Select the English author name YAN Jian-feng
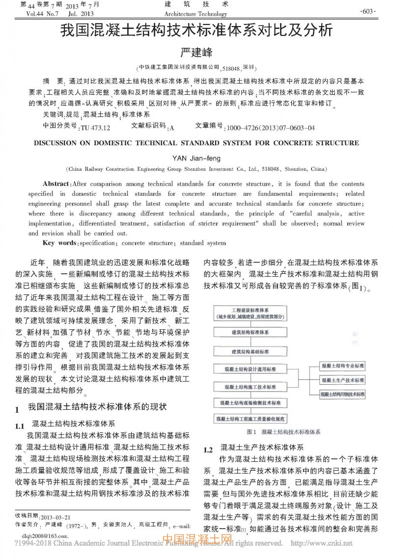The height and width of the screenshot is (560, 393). (196, 158)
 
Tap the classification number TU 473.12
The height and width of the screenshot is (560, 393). (95, 128)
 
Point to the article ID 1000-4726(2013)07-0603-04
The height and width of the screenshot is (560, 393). (270, 128)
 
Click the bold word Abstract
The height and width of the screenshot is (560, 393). (56, 184)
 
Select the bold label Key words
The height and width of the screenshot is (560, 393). (59, 243)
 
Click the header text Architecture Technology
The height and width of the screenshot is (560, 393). (196, 14)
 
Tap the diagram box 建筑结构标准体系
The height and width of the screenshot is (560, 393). (250, 333)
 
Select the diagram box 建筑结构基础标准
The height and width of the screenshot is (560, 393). (250, 351)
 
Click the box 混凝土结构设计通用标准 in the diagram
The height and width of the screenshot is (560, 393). (250, 369)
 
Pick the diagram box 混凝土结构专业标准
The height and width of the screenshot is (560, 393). (343, 366)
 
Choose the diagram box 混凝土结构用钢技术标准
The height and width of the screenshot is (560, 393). (343, 394)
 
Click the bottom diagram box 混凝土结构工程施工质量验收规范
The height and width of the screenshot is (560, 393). (250, 419)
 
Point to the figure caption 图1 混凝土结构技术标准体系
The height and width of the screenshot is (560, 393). (284, 432)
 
